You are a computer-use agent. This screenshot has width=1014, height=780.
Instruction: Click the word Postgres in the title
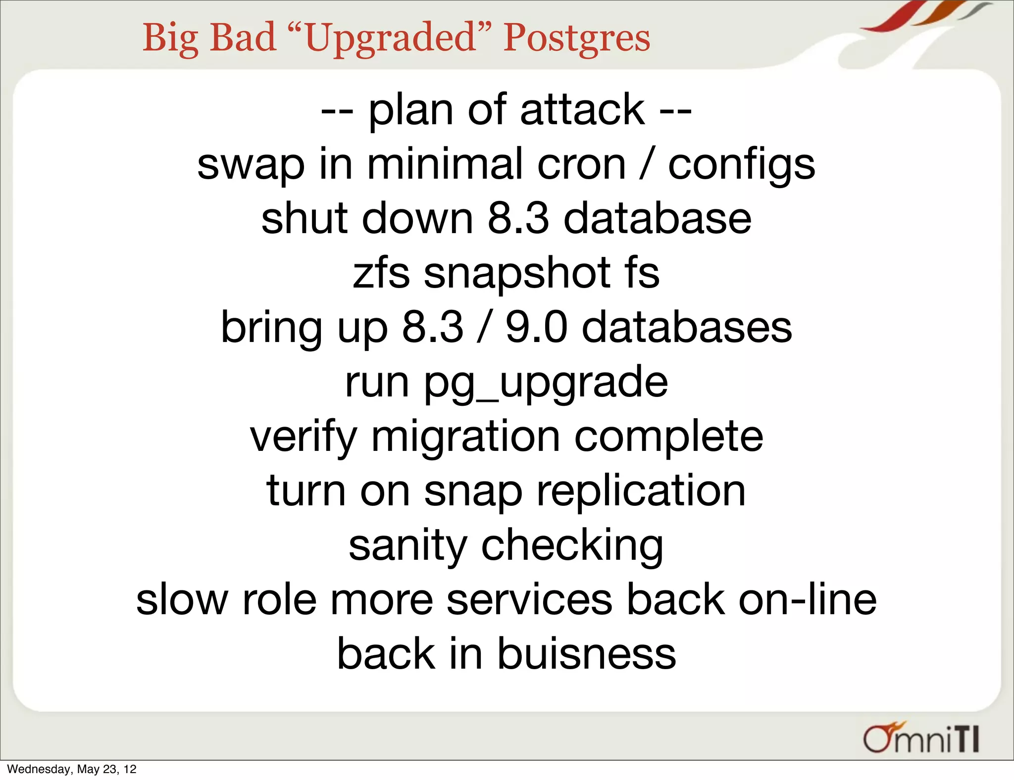click(576, 39)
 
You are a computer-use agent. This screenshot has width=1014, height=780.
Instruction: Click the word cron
click(581, 164)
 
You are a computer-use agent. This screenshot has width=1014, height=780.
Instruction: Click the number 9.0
click(536, 328)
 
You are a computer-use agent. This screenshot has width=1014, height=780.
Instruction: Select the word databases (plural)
click(686, 328)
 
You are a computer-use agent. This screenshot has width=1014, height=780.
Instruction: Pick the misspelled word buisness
click(586, 654)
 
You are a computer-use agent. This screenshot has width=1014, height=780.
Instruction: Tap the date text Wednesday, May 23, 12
click(72, 769)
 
